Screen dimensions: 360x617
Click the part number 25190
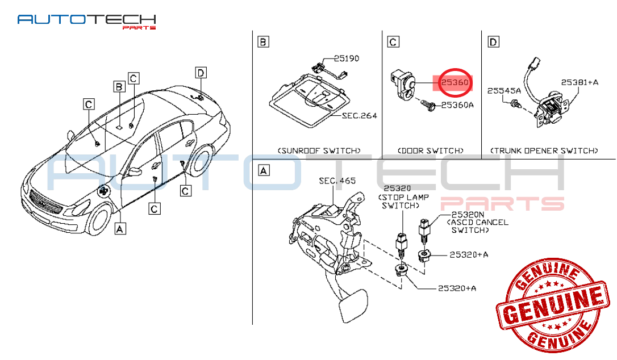(x=346, y=58)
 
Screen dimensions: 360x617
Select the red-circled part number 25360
(x=455, y=83)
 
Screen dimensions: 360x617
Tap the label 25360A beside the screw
(x=457, y=105)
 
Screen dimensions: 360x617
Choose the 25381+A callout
(x=580, y=82)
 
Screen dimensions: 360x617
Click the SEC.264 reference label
(x=360, y=116)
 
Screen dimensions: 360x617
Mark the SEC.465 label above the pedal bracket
(x=337, y=181)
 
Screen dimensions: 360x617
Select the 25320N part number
(x=468, y=215)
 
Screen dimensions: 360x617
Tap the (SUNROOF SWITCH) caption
(x=319, y=150)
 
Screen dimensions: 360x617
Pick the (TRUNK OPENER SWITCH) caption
(x=544, y=150)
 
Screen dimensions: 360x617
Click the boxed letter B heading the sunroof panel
(x=263, y=42)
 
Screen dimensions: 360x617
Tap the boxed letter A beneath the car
(x=120, y=228)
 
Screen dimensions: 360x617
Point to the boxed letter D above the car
(x=201, y=73)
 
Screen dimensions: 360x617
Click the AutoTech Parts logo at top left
(x=86, y=21)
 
